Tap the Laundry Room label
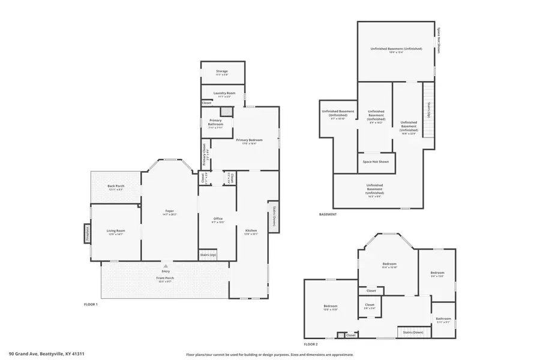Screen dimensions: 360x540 click(222, 94)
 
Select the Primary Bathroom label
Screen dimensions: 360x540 click(215, 123)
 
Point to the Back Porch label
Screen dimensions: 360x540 click(115, 187)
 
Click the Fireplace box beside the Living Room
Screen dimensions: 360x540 click(87, 233)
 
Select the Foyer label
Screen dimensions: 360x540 click(170, 212)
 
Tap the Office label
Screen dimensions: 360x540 click(218, 220)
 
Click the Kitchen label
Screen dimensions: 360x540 click(251, 232)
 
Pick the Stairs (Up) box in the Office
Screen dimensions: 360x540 click(208, 255)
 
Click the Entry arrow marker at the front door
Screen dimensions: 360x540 click(166, 266)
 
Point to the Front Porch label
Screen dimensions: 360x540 click(166, 279)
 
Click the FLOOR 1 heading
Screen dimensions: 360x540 click(91, 305)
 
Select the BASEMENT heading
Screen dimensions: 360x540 click(328, 214)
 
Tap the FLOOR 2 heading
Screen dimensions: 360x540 click(310, 344)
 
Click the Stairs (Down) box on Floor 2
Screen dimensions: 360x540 click(413, 332)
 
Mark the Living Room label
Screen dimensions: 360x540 click(116, 232)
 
